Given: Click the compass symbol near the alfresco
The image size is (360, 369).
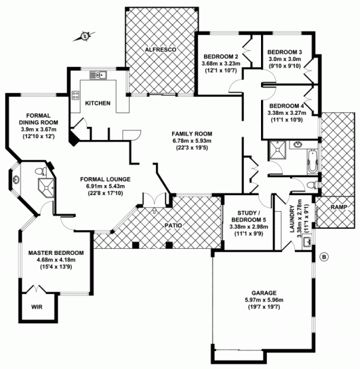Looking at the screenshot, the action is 84,37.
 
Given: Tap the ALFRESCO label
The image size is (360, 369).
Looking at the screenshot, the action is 161,50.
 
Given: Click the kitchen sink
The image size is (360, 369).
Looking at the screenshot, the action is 98,75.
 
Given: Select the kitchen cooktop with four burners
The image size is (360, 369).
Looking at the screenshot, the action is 75,96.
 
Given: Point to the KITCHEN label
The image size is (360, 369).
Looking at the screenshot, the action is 98,104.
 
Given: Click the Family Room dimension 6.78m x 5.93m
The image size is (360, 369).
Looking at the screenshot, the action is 192,141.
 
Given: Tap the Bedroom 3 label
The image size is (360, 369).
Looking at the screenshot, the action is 285,52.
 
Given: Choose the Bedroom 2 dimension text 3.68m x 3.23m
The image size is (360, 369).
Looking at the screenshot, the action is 221,64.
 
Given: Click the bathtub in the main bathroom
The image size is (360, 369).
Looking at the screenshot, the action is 312,162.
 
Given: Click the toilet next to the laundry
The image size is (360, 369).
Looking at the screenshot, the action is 312,184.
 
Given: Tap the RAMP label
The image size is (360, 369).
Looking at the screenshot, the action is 339,207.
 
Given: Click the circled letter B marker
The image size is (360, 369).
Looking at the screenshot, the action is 324,257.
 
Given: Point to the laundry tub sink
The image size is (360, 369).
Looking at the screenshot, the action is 307,242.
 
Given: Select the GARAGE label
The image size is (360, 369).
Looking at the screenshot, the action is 264,293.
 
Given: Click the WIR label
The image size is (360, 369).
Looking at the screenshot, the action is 37,307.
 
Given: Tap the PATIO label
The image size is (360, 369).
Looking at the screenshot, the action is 173,226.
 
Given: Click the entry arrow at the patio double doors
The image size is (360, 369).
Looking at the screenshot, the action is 155,210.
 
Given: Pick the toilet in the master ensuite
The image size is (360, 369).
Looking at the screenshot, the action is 41,171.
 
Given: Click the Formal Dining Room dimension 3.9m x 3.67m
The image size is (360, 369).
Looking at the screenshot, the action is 39,129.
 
